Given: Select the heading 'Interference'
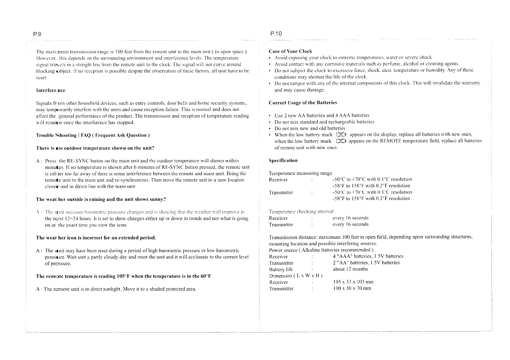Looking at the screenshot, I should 51,90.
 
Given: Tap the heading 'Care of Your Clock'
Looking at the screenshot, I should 290,51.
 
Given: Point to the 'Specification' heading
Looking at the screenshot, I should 283,160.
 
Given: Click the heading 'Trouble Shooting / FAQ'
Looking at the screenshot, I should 93,135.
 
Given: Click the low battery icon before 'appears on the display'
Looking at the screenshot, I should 341,135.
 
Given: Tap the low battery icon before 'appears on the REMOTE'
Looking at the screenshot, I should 341,141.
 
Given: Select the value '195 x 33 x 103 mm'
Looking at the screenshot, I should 353,282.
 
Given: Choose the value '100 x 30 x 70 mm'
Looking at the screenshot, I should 352,288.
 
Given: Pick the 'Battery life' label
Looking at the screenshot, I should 281,269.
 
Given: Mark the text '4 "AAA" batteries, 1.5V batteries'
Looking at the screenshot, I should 368,256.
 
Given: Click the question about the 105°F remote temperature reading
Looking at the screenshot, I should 123,276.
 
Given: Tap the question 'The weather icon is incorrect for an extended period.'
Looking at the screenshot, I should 96,238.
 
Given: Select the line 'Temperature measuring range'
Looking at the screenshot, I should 300,173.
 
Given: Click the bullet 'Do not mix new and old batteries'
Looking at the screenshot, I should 310,128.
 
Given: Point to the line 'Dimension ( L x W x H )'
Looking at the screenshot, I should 296,276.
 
